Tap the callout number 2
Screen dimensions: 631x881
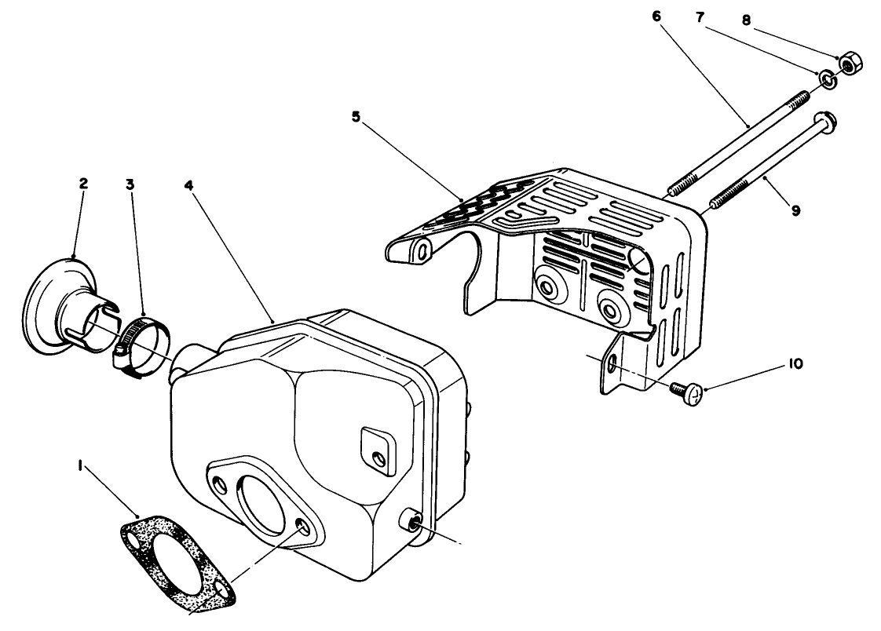[83, 184]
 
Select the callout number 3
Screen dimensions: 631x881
[130, 184]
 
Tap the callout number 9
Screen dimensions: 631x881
[795, 210]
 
